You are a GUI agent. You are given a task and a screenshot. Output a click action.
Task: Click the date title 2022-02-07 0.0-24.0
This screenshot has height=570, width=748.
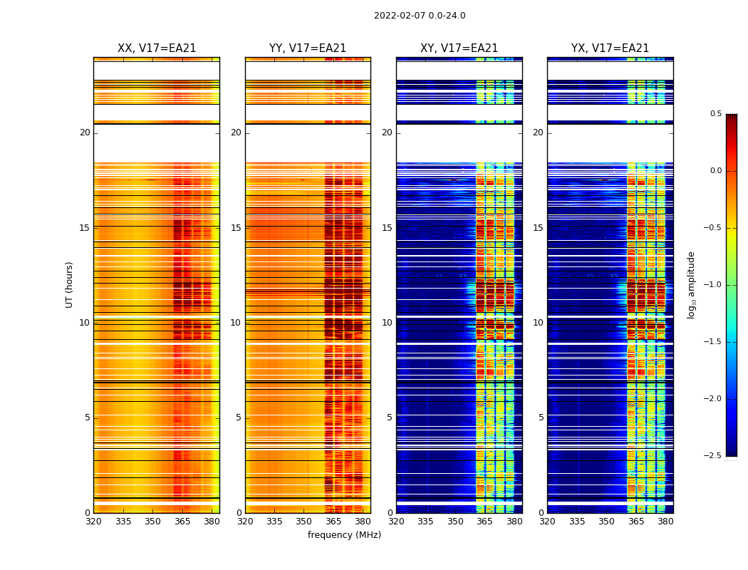point(420,16)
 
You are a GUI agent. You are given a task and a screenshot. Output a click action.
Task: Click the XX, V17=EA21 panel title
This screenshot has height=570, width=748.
point(157,48)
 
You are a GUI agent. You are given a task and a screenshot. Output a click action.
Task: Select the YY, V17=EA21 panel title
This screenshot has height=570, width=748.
point(308,48)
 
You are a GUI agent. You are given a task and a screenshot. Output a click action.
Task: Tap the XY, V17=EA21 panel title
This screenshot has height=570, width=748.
point(459,48)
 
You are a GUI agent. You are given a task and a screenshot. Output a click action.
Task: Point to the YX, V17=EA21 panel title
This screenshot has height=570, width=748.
point(610,48)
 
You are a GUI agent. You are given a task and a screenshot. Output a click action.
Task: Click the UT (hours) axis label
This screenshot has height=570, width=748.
point(70,284)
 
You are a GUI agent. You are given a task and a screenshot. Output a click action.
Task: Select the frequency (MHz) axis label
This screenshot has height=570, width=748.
point(344,535)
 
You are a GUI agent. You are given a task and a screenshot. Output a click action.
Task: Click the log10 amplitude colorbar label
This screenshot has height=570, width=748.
point(691,284)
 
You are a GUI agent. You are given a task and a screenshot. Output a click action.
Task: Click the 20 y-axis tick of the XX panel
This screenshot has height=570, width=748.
point(85,133)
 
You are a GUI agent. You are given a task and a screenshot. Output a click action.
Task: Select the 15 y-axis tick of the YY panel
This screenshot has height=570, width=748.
point(236,228)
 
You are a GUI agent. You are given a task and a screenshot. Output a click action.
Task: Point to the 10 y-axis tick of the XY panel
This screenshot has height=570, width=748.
point(387,323)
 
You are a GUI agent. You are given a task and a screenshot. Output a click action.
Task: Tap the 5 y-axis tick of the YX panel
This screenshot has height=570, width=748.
point(541,418)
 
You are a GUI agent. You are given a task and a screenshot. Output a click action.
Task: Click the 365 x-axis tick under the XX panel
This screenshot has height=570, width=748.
point(182,522)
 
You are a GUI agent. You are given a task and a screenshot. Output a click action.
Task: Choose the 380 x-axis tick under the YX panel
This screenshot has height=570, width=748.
point(665,522)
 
